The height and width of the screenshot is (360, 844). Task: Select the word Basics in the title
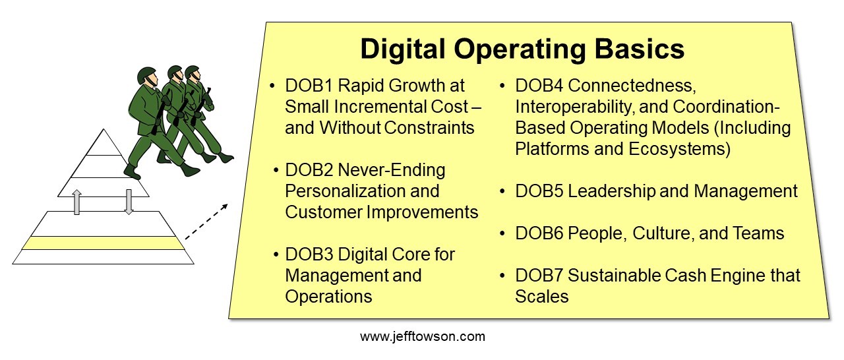pos(640,49)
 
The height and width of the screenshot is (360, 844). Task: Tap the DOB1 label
pos(309,86)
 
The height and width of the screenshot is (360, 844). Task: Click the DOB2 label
pos(309,170)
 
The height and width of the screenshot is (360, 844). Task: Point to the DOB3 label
pos(309,255)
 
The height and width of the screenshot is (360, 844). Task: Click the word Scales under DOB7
pos(542,297)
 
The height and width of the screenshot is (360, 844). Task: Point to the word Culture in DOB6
pos(663,234)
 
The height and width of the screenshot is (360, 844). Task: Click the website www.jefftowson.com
pos(423,336)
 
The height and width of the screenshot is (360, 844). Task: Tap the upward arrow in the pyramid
pos(77,202)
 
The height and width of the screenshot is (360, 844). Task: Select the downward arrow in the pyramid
pos(129,202)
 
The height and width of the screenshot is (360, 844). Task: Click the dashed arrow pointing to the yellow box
pos(206,222)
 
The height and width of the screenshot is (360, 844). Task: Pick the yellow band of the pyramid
pos(104,243)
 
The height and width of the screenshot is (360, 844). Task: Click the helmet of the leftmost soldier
pos(146,75)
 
